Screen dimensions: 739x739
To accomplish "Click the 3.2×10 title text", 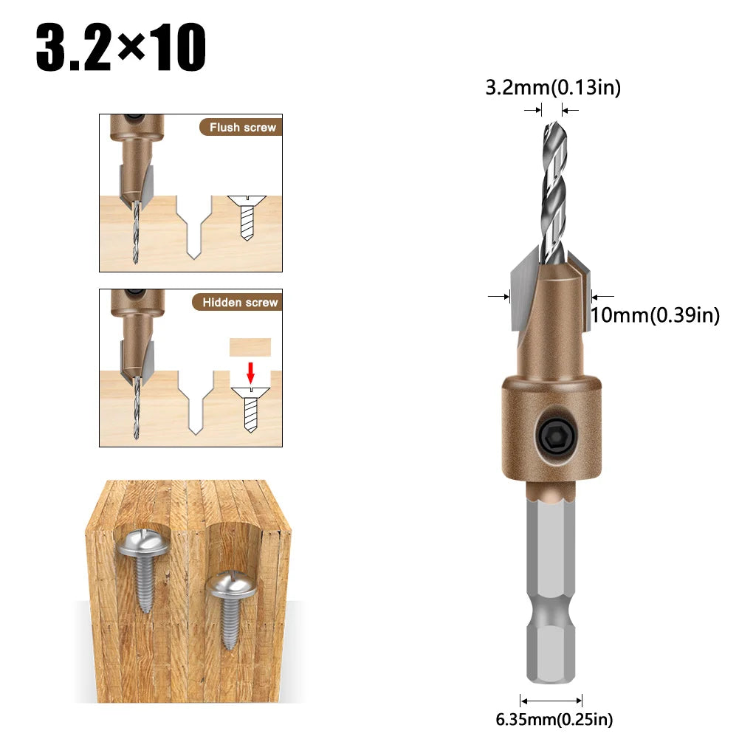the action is click(x=120, y=47).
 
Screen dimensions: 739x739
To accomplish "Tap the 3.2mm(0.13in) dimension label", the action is click(x=553, y=88).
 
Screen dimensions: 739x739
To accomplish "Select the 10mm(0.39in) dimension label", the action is click(x=655, y=315).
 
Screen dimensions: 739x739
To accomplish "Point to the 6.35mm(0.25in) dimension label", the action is click(x=554, y=719).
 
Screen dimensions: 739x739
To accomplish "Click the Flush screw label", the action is click(x=243, y=127).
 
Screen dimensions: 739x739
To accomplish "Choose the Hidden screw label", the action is click(x=240, y=302).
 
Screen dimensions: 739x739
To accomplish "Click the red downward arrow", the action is click(x=251, y=372).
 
